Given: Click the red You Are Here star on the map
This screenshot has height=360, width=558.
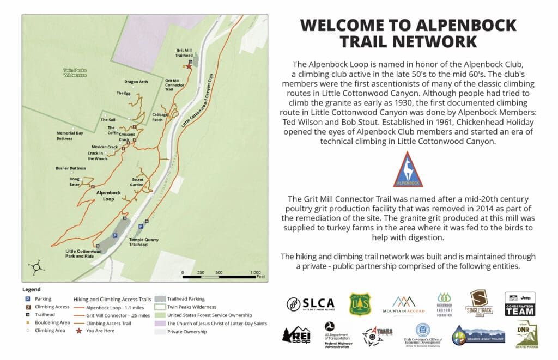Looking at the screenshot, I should (x=189, y=66).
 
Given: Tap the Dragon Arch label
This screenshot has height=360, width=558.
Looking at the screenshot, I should (x=136, y=82).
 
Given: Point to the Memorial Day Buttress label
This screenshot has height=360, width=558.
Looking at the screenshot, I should (x=72, y=136).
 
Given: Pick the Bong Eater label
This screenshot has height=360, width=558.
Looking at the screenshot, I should (x=75, y=181).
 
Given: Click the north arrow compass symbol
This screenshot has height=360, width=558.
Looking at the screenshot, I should (x=36, y=267).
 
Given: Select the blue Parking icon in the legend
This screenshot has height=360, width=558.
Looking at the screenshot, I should (x=26, y=299).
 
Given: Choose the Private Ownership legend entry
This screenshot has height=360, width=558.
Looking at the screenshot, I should (x=187, y=331).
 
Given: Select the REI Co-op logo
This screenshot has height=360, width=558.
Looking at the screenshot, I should (x=296, y=333).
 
